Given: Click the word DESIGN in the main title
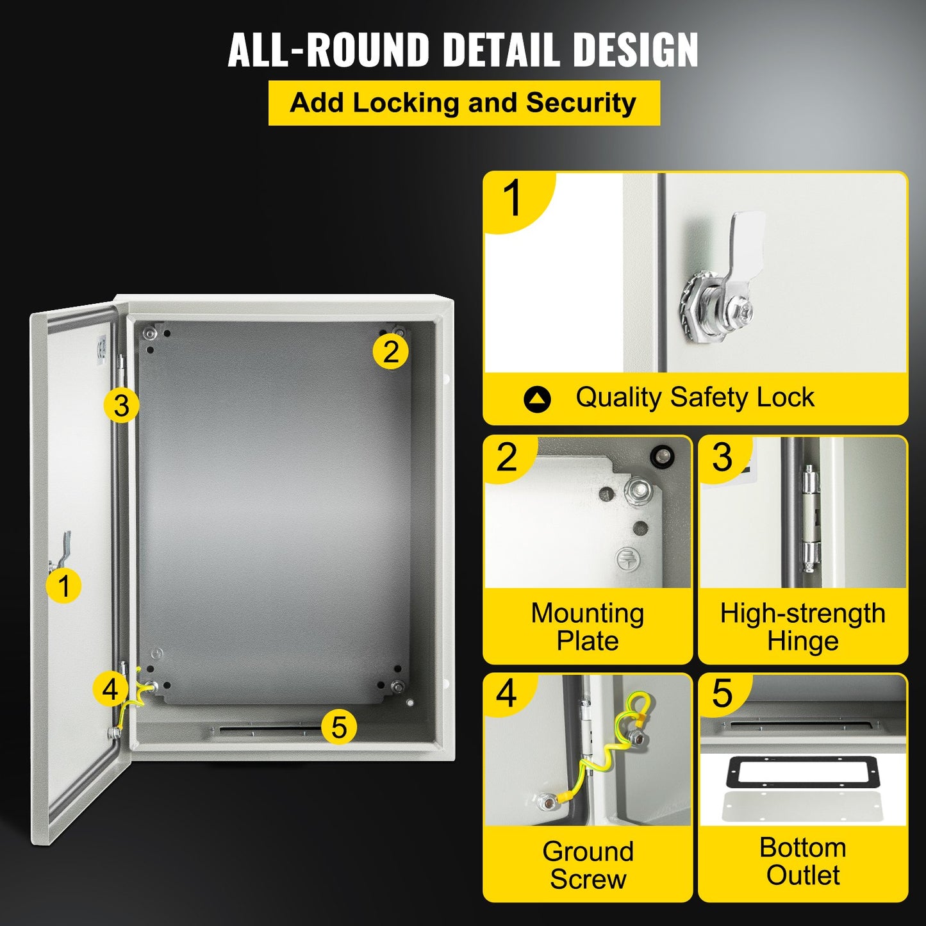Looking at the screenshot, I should click(634, 50).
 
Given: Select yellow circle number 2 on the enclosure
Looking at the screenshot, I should click(390, 352).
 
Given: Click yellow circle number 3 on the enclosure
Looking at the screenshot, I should click(121, 406).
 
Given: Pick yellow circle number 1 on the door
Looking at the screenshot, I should click(63, 586).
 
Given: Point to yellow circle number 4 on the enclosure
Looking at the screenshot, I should click(110, 690).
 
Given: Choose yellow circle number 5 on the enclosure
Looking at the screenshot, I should click(338, 727).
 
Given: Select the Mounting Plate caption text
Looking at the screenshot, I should click(587, 627).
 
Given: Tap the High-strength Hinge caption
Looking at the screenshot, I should click(802, 627).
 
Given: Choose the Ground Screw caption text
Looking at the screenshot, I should click(587, 864).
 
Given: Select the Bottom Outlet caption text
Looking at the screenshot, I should click(802, 861).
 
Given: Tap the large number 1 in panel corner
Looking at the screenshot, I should click(513, 199).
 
